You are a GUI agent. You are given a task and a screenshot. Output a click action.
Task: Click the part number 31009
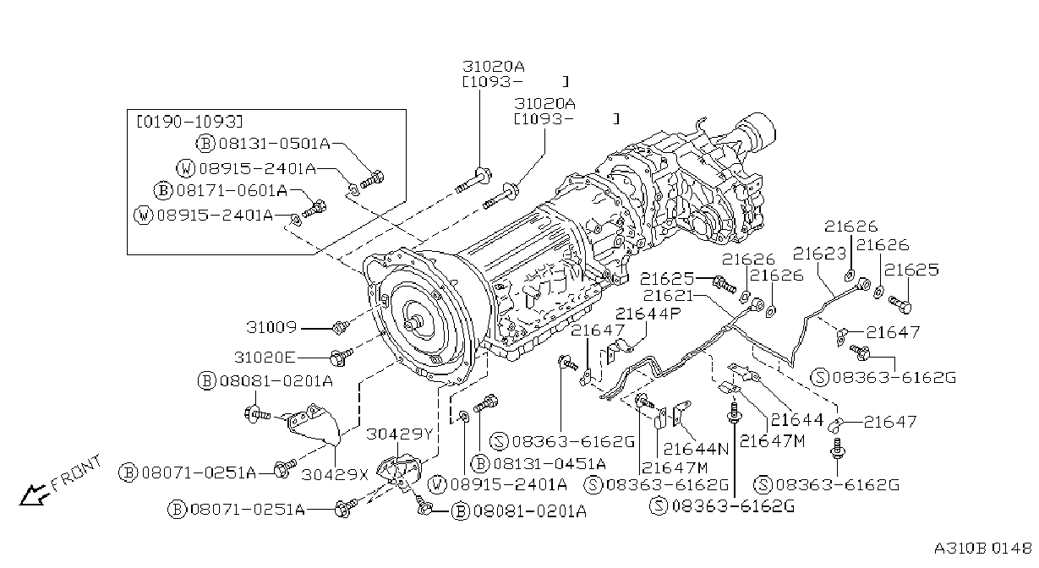click(271, 327)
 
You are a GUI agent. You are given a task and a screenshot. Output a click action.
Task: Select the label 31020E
click(265, 357)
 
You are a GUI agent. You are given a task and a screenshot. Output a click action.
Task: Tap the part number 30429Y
click(399, 434)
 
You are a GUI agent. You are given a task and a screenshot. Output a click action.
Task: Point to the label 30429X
click(335, 474)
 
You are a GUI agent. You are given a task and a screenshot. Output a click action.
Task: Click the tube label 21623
click(819, 254)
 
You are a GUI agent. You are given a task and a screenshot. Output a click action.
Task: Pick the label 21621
click(668, 295)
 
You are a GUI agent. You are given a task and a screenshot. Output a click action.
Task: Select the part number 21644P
click(648, 314)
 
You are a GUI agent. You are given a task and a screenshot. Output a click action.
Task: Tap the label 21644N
click(697, 448)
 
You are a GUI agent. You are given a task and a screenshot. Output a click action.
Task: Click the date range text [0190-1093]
click(189, 122)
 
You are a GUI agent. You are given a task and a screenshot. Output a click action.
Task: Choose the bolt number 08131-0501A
click(275, 144)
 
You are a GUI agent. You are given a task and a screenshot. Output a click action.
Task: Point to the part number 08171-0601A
click(232, 190)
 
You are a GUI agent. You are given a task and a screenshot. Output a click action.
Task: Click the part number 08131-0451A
click(550, 463)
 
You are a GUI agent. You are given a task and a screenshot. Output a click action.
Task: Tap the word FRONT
click(76, 472)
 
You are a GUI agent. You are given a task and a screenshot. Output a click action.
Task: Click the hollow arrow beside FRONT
click(32, 494)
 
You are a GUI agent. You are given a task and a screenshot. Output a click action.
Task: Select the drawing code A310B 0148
click(983, 549)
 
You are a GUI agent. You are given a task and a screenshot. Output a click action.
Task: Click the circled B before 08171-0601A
click(163, 190)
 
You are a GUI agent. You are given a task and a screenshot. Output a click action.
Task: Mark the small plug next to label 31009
click(340, 328)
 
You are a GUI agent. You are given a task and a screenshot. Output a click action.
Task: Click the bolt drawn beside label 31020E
click(341, 357)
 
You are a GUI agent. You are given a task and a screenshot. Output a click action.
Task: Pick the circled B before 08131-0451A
click(480, 463)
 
